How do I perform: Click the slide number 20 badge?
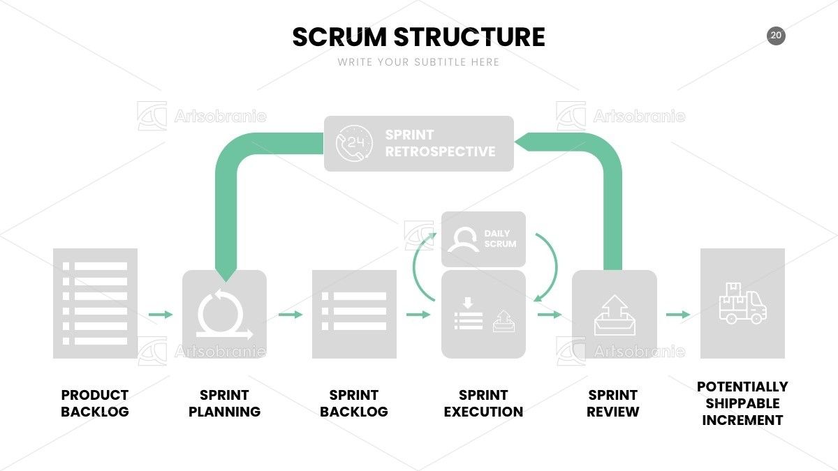pyautogui.click(x=776, y=36)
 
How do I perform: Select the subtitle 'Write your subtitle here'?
pyautogui.click(x=418, y=62)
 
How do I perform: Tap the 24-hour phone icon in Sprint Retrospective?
pyautogui.click(x=354, y=144)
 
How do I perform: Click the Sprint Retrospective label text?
pyautogui.click(x=440, y=143)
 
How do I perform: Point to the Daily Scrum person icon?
pyautogui.click(x=464, y=239)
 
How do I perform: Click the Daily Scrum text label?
pyautogui.click(x=500, y=239)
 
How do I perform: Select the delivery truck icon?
pyautogui.click(x=742, y=303)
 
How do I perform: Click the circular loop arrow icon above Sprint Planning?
pyautogui.click(x=224, y=314)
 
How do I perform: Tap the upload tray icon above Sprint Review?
pyautogui.click(x=615, y=315)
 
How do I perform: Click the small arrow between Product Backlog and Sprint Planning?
pyautogui.click(x=161, y=315)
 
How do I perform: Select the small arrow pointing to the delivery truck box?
pyautogui.click(x=678, y=315)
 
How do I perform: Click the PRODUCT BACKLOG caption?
pyautogui.click(x=95, y=403)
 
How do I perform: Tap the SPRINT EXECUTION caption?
pyautogui.click(x=483, y=403)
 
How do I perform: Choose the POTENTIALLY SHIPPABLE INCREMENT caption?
pyautogui.click(x=742, y=403)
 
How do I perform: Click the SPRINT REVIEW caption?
pyautogui.click(x=613, y=403)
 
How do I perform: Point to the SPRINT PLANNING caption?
pyautogui.click(x=224, y=403)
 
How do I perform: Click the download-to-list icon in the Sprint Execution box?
pyautogui.click(x=468, y=313)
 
